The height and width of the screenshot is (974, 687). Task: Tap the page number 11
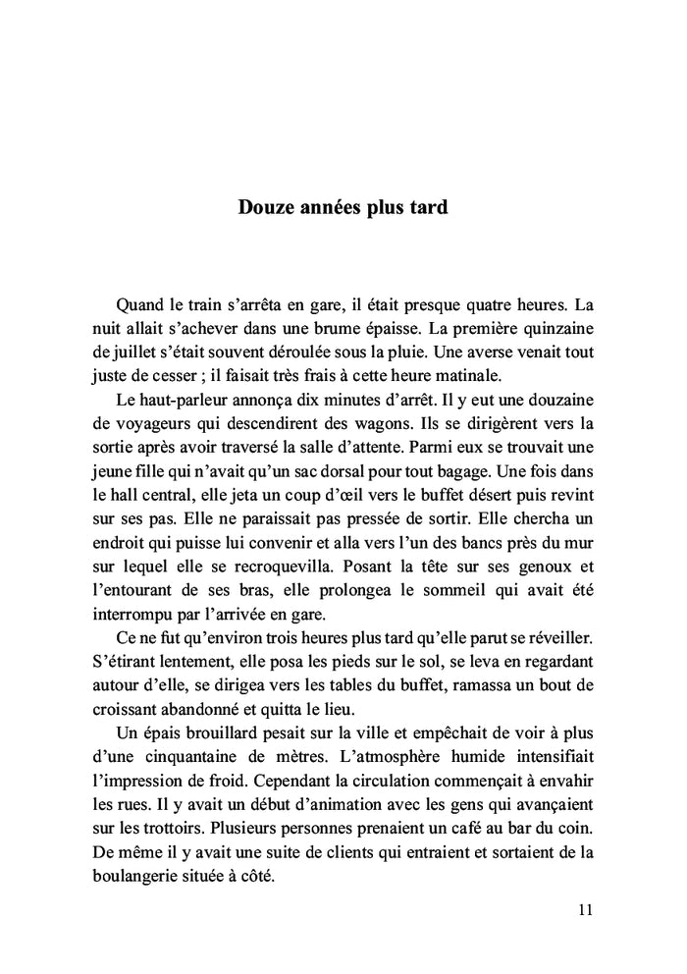coord(586,910)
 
